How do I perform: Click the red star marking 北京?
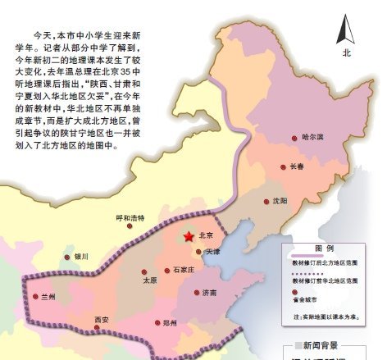click(x=189, y=236)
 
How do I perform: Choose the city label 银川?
click(x=80, y=257)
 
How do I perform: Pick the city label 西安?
click(x=101, y=319)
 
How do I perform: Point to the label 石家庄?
click(x=183, y=270)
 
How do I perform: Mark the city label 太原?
click(x=149, y=280)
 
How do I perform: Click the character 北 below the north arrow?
click(x=347, y=52)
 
